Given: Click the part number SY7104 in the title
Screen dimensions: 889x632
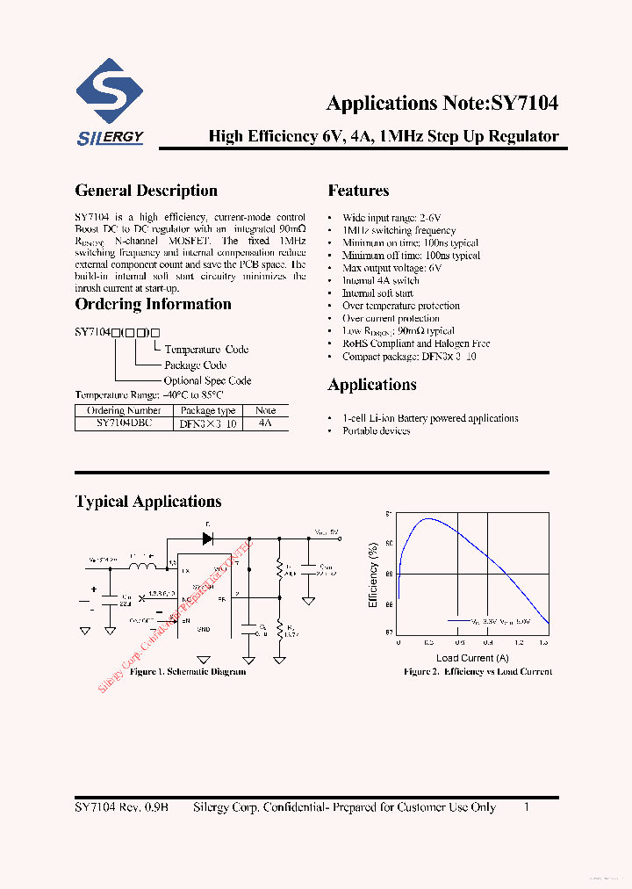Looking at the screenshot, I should click(x=524, y=103).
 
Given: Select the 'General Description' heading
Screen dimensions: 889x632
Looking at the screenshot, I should click(x=146, y=191).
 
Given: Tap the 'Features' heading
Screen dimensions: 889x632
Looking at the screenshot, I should click(x=358, y=191).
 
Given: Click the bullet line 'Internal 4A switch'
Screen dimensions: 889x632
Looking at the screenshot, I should click(x=380, y=281).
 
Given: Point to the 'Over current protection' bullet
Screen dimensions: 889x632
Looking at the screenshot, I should click(x=391, y=319).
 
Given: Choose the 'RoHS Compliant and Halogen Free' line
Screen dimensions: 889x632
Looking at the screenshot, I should click(x=415, y=344).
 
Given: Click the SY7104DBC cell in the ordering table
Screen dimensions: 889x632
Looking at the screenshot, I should click(x=124, y=423).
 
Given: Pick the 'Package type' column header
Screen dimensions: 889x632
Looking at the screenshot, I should click(x=208, y=410).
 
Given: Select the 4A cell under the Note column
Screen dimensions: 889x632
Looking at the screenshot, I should click(x=266, y=423).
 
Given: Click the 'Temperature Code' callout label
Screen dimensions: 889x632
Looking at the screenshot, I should click(x=206, y=350).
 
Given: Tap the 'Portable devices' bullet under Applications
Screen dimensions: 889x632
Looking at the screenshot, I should click(x=376, y=431).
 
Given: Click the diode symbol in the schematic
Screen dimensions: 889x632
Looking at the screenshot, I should click(x=208, y=539).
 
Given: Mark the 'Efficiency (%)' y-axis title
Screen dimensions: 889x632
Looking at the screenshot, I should click(x=373, y=576).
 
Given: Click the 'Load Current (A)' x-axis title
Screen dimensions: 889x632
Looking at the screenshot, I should click(x=472, y=658).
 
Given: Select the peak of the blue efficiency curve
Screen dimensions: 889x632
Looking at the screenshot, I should click(x=427, y=519).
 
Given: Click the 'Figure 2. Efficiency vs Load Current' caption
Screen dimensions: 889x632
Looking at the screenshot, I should click(x=478, y=672).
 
